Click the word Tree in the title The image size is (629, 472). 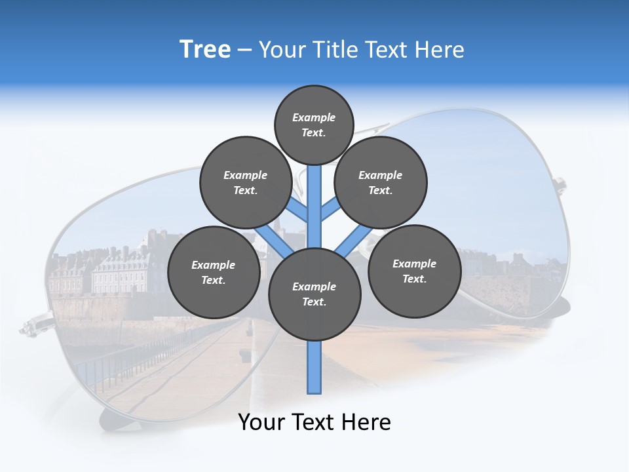click(205, 50)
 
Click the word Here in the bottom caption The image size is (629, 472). click(366, 422)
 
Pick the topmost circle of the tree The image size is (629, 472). click(314, 125)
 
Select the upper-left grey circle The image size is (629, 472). click(246, 182)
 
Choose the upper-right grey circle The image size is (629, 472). click(381, 182)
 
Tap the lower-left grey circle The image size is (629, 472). click(214, 272)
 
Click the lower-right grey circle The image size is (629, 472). click(414, 271)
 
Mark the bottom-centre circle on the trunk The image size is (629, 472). click(314, 294)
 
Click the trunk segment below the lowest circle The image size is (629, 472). click(314, 367)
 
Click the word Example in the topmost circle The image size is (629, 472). click(314, 117)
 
